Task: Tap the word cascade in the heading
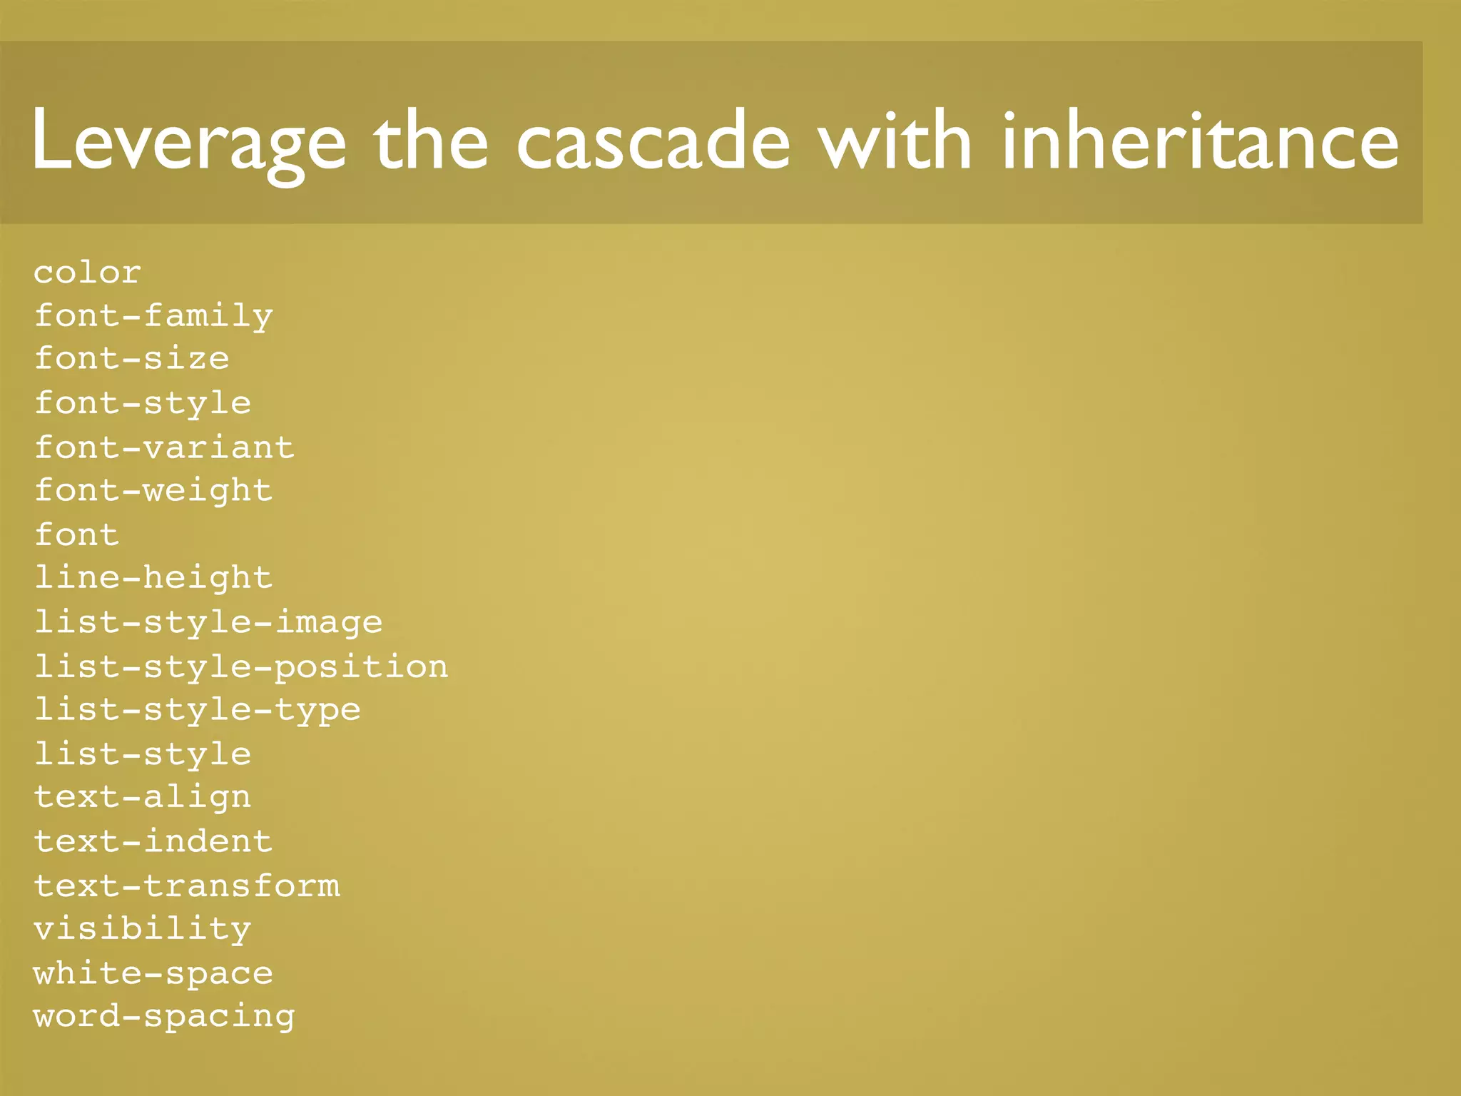[x=653, y=141]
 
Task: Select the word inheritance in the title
[x=1200, y=141]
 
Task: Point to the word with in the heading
[x=896, y=141]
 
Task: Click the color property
[x=88, y=273]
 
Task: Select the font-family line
[x=153, y=316]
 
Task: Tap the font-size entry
[x=132, y=359]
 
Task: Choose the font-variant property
[x=164, y=447]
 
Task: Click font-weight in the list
[x=153, y=491]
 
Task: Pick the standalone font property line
[x=77, y=534]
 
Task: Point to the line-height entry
[x=153, y=578]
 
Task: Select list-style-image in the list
[x=208, y=622]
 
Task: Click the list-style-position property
[x=241, y=666]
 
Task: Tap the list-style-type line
[x=198, y=710]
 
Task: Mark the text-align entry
[x=143, y=797]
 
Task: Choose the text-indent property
[x=153, y=841]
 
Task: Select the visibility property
[x=143, y=930]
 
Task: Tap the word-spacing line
[x=164, y=1017]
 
